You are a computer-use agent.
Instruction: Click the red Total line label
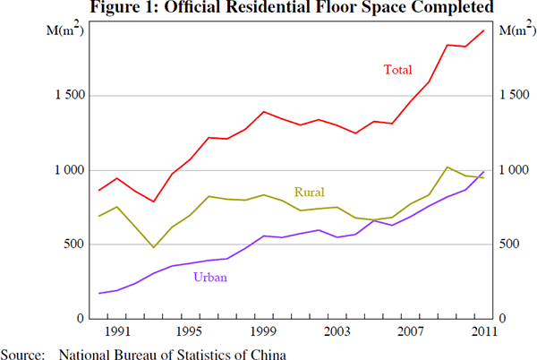click(x=398, y=69)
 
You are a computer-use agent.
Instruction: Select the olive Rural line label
click(x=309, y=192)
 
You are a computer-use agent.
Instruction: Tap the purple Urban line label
click(x=209, y=278)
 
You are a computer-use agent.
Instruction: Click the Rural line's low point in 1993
click(x=154, y=247)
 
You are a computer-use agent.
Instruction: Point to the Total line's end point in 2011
click(x=484, y=30)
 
